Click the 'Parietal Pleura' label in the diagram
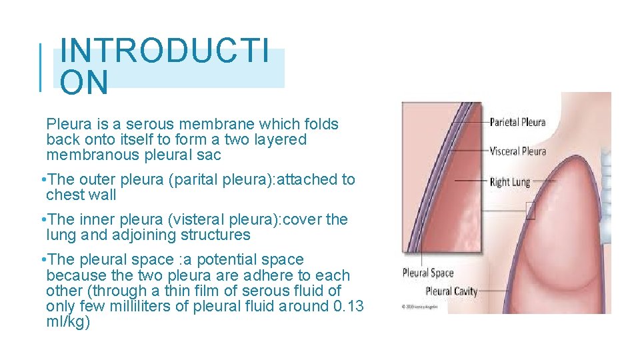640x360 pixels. (x=517, y=122)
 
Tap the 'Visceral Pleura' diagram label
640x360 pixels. (x=517, y=151)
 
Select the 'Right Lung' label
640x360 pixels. (x=509, y=182)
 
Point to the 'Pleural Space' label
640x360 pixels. (x=428, y=273)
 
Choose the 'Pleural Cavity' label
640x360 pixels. (x=451, y=291)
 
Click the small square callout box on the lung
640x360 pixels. (x=530, y=211)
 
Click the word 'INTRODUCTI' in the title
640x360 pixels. (x=165, y=51)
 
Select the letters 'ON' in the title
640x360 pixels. (x=83, y=83)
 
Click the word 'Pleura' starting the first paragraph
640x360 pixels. (x=67, y=125)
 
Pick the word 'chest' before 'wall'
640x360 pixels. (x=64, y=195)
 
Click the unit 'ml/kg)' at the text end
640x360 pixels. (x=68, y=322)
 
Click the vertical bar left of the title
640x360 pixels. (x=41, y=67)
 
